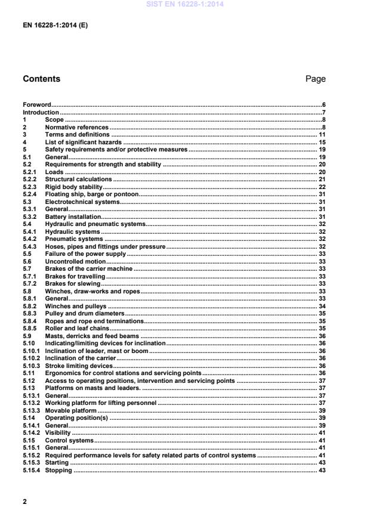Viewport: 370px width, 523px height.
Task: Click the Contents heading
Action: pos(41,79)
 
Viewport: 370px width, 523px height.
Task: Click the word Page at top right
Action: pos(315,79)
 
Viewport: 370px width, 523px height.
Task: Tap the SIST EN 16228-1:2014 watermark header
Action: pos(185,4)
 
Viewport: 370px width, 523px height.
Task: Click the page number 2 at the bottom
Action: pos(25,502)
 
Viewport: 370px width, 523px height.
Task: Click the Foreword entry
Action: pos(37,104)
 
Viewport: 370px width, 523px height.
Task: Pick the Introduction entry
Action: pos(41,112)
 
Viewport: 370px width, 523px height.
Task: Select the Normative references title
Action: pos(77,127)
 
